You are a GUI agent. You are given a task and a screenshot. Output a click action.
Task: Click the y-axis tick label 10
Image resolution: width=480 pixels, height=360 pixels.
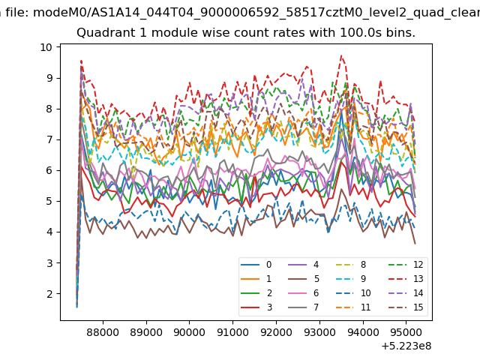pyautogui.click(x=46, y=47)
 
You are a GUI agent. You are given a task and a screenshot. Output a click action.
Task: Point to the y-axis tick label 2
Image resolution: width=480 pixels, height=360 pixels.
pyautogui.click(x=49, y=294)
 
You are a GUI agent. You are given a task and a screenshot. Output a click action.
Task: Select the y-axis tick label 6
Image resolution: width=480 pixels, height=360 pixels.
pyautogui.click(x=49, y=171)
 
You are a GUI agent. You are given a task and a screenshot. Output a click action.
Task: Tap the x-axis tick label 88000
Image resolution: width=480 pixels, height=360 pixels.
pyautogui.click(x=103, y=332)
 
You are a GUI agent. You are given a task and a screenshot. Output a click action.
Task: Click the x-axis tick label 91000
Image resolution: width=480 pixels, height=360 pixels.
pyautogui.click(x=233, y=332)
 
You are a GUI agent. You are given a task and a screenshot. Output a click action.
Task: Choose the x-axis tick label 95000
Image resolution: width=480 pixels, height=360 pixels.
pyautogui.click(x=406, y=332)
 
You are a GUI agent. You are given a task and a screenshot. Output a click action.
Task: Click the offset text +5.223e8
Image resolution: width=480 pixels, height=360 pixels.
pyautogui.click(x=406, y=346)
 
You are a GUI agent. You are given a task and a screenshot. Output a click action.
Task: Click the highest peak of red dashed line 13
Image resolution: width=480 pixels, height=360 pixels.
pyautogui.click(x=341, y=55)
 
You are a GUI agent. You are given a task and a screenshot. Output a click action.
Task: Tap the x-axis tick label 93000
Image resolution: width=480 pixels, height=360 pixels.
pyautogui.click(x=320, y=332)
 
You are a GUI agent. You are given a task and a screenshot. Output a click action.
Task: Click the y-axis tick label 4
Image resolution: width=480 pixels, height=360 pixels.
pyautogui.click(x=49, y=232)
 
